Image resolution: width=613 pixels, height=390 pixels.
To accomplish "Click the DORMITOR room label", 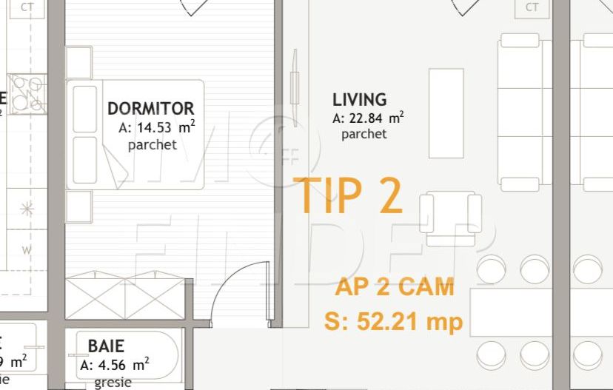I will pyautogui.click(x=151, y=109).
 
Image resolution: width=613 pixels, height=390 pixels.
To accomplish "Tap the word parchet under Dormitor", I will pyautogui.click(x=153, y=145).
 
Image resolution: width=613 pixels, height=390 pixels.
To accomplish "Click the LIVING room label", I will pyautogui.click(x=360, y=99).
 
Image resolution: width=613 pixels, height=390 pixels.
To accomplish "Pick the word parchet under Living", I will pyautogui.click(x=364, y=135).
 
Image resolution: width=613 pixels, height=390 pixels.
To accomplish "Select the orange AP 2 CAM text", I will pyautogui.click(x=395, y=287).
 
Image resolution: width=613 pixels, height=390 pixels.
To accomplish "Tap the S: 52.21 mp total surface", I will pyautogui.click(x=393, y=321).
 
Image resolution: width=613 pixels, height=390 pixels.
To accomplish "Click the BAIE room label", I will pyautogui.click(x=106, y=346).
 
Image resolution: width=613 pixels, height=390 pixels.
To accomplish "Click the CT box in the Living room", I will pyautogui.click(x=532, y=7).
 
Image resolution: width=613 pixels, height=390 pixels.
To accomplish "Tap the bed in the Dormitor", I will pyautogui.click(x=136, y=134).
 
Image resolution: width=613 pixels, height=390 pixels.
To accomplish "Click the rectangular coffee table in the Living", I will pyautogui.click(x=446, y=112).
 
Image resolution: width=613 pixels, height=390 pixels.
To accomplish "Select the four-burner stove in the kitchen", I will pyautogui.click(x=28, y=94).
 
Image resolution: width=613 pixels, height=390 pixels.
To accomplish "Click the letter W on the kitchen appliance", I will pyautogui.click(x=27, y=249).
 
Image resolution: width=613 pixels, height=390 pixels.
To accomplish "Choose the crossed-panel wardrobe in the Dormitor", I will pyautogui.click(x=124, y=299).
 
